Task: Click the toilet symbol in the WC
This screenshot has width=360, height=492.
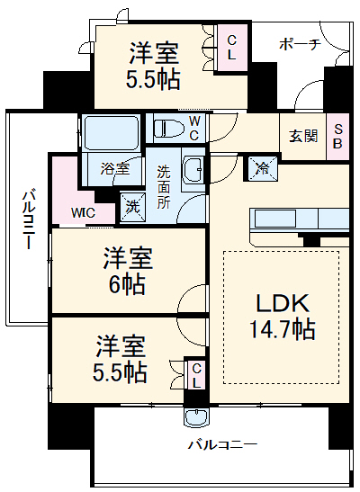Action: tap(169, 129)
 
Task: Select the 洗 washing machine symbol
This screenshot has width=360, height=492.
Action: tap(133, 208)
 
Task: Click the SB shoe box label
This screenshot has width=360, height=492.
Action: tap(337, 136)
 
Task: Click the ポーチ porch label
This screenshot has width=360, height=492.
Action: tap(300, 44)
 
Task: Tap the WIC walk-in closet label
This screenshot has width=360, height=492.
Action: tap(83, 213)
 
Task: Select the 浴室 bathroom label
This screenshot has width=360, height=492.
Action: tap(115, 169)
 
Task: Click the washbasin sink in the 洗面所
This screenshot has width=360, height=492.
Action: tap(193, 169)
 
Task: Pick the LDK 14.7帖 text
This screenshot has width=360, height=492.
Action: tap(283, 317)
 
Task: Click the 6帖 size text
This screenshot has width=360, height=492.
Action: tap(127, 284)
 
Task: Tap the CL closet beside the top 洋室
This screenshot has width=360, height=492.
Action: tap(231, 48)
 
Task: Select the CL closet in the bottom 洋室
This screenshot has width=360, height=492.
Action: tap(196, 376)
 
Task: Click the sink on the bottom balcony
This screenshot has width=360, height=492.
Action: tap(196, 417)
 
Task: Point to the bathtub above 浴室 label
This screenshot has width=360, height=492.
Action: tap(111, 132)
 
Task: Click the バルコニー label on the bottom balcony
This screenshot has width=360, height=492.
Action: tap(222, 444)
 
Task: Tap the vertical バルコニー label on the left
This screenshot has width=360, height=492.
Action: tap(28, 219)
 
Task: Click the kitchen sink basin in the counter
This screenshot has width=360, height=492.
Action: tap(275, 218)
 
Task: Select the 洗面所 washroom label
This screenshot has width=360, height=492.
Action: tap(163, 186)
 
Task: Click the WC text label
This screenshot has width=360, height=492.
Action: tap(194, 128)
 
